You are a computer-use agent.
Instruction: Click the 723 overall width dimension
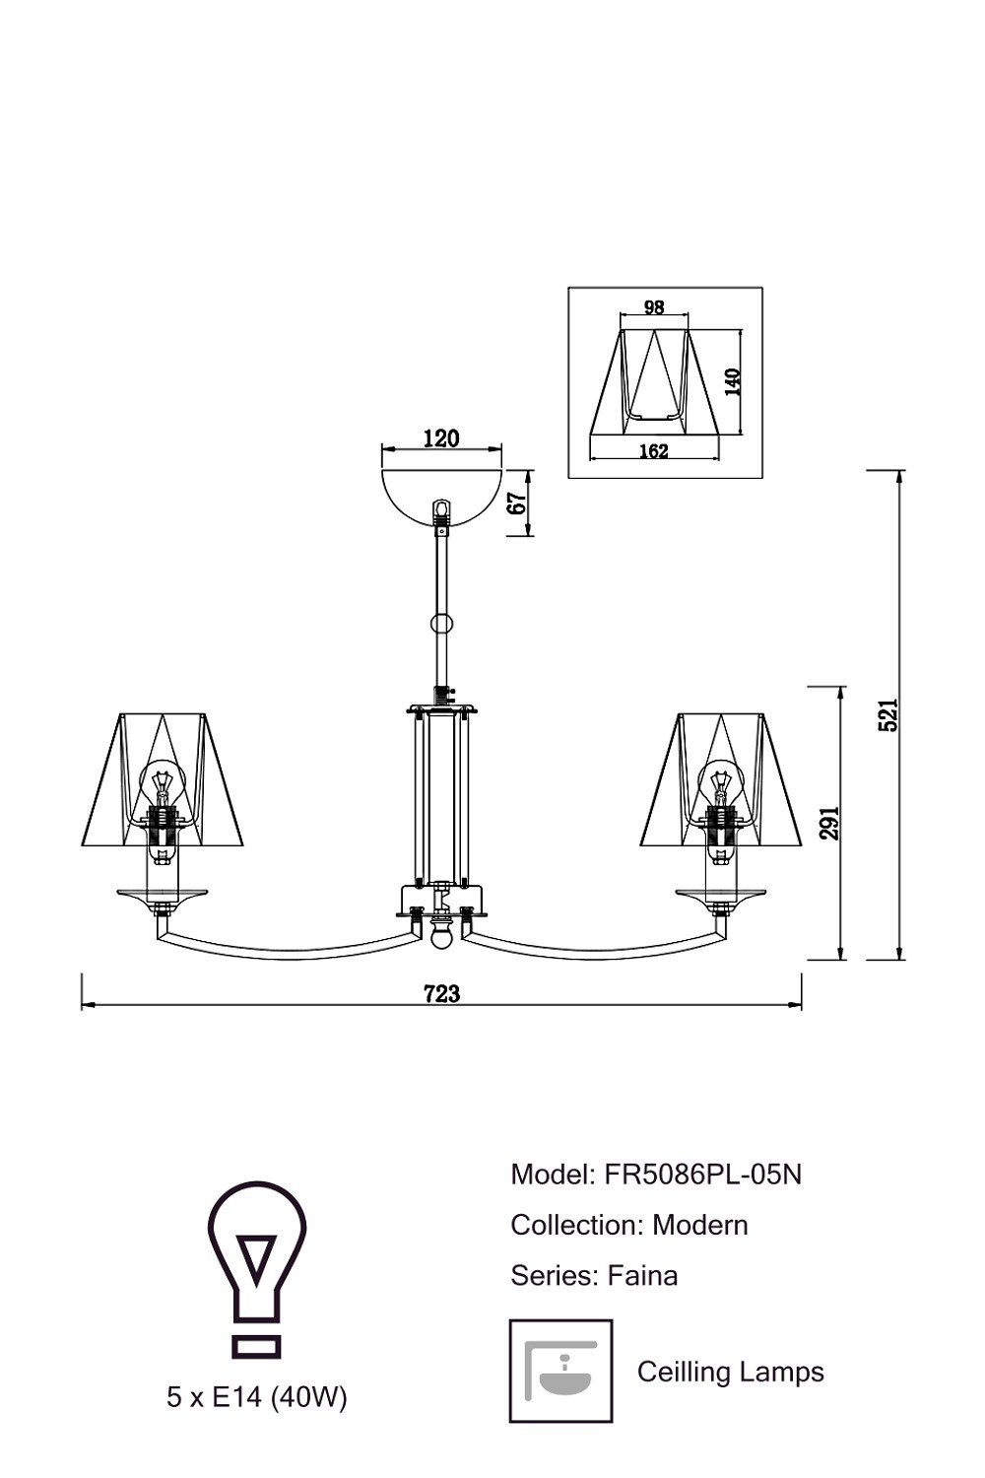coord(441,993)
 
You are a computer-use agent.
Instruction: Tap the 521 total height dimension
coord(887,714)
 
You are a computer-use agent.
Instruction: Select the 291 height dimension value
coord(829,822)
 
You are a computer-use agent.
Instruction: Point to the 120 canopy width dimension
coord(440,438)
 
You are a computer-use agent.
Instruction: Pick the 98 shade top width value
coord(653,307)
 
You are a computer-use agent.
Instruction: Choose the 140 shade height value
coord(732,381)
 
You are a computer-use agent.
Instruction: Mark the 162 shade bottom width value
coord(653,451)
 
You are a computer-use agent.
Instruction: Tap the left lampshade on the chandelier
coord(162,778)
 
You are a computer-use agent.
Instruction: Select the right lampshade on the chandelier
coord(722,778)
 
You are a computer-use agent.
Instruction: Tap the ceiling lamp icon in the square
coord(560,1371)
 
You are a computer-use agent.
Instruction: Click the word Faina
coord(642,1276)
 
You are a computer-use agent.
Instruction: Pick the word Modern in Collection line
coord(699,1225)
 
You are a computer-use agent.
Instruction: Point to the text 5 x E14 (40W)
coord(256,1397)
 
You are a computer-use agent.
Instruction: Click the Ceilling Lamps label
coord(730,1372)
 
